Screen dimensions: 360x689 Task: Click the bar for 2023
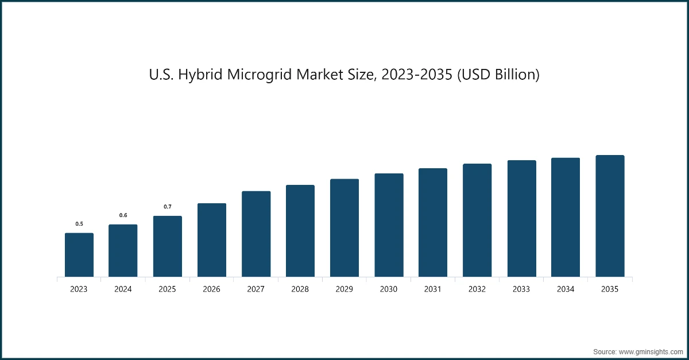(79, 255)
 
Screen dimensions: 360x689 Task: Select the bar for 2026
(212, 240)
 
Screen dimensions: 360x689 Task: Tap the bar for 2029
(344, 228)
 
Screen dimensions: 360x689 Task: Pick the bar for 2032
(477, 220)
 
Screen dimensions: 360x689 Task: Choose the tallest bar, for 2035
(610, 216)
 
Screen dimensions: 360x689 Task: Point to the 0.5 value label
(79, 224)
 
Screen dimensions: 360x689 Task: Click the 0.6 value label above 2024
(123, 215)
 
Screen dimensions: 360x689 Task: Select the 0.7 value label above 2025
(167, 207)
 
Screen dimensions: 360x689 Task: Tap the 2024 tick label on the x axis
(123, 289)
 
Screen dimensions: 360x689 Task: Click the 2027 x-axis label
(256, 289)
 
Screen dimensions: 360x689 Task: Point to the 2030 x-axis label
(389, 289)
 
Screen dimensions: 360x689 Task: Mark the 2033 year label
(521, 289)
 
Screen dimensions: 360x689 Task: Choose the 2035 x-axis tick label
(610, 289)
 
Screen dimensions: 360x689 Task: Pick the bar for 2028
(300, 231)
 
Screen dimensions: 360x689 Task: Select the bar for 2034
(566, 218)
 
